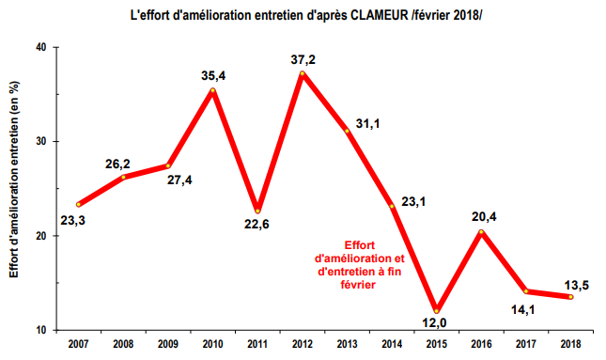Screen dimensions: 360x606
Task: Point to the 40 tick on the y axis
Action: tap(42, 47)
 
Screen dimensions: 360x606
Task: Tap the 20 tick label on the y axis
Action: tap(42, 236)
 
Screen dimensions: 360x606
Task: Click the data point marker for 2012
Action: tap(303, 73)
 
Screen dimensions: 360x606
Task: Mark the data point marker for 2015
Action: tap(436, 311)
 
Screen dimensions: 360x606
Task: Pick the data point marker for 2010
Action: tap(213, 90)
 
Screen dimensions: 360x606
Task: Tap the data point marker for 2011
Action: tap(257, 211)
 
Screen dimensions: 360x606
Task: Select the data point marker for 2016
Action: tap(481, 232)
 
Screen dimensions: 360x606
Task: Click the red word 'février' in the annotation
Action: tap(354, 288)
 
